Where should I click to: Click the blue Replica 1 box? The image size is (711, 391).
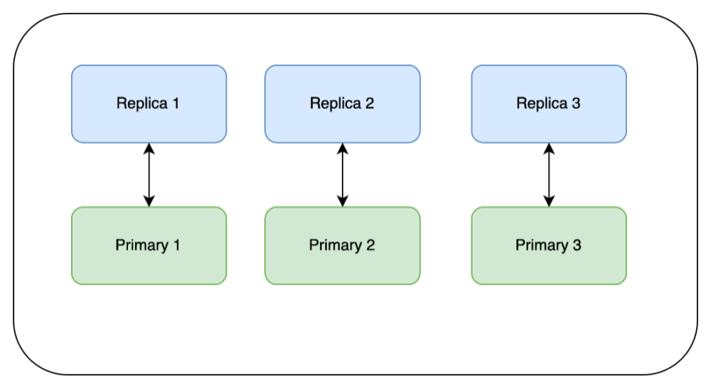coord(149,104)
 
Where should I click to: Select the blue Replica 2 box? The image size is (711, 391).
coord(342,104)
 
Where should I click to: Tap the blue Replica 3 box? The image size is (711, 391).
coord(548,104)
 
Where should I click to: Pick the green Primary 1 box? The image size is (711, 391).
coord(149,246)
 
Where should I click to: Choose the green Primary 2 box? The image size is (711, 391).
coord(342,246)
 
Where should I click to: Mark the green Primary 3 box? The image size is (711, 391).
coord(548,246)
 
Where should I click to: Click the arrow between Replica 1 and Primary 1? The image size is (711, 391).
coord(149,175)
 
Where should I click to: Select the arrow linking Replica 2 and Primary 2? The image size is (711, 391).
coord(342,175)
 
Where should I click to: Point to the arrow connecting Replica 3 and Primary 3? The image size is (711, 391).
coord(548,175)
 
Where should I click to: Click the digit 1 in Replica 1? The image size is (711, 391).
coord(176,104)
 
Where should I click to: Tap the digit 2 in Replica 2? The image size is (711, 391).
coord(369,104)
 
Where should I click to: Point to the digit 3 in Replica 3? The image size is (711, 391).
coord(575,104)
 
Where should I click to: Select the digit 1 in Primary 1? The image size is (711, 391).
coord(176,246)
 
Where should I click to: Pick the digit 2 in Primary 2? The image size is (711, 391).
coord(370,246)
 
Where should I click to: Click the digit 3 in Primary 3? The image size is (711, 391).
coord(576,246)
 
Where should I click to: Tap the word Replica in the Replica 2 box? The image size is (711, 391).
coord(335,104)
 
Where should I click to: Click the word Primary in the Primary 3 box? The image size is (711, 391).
coord(540,246)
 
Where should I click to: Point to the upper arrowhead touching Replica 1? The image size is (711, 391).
coord(149,148)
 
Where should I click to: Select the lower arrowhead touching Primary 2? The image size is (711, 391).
coord(342,202)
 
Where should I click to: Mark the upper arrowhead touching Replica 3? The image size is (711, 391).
coord(548,148)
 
